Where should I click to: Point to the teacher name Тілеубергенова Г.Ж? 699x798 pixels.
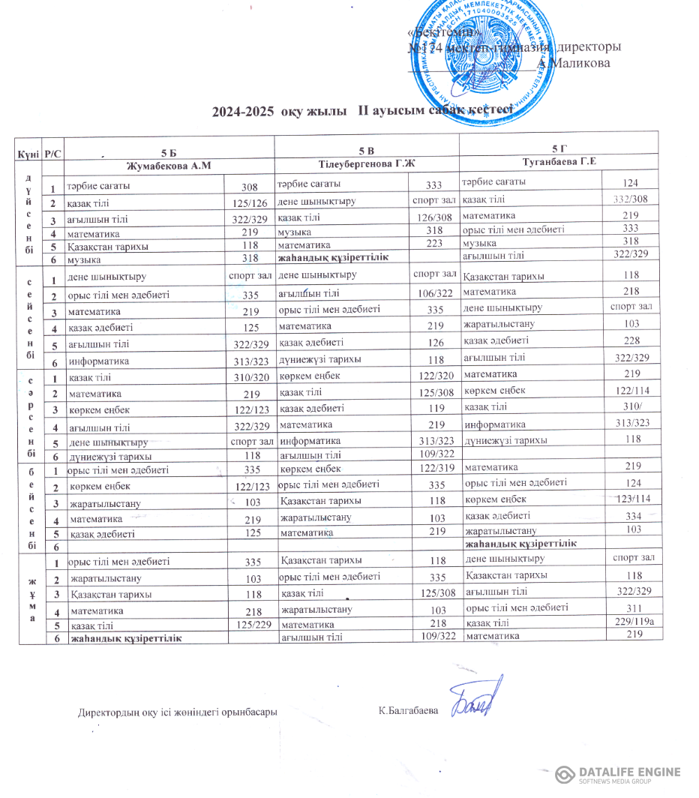coord(367,163)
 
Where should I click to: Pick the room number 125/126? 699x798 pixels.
coord(250,203)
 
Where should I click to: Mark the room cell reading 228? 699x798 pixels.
coord(631,340)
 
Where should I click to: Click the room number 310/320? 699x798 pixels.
coord(250,377)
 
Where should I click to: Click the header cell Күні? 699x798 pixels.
coord(29,154)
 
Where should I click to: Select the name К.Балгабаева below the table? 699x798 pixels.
coord(408,710)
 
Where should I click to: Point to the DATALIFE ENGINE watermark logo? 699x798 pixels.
coord(618,775)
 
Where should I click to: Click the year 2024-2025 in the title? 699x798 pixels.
coord(244,112)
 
